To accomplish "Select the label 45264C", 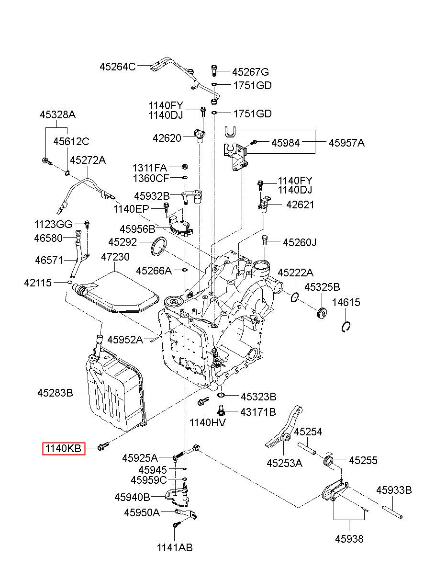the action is pyautogui.click(x=118, y=67).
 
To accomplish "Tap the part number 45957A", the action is pyautogui.click(x=346, y=143).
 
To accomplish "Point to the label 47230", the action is pyautogui.click(x=115, y=257).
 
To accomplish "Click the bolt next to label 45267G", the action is pyautogui.click(x=214, y=71).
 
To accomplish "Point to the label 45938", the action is pyautogui.click(x=349, y=539).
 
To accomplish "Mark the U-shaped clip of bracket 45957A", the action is pyautogui.click(x=230, y=131).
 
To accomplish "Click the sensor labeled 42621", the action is pyautogui.click(x=265, y=204).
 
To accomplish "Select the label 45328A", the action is pyautogui.click(x=58, y=114).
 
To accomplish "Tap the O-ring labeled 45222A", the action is pyautogui.click(x=295, y=297).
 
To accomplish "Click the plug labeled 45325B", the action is pyautogui.click(x=322, y=313).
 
